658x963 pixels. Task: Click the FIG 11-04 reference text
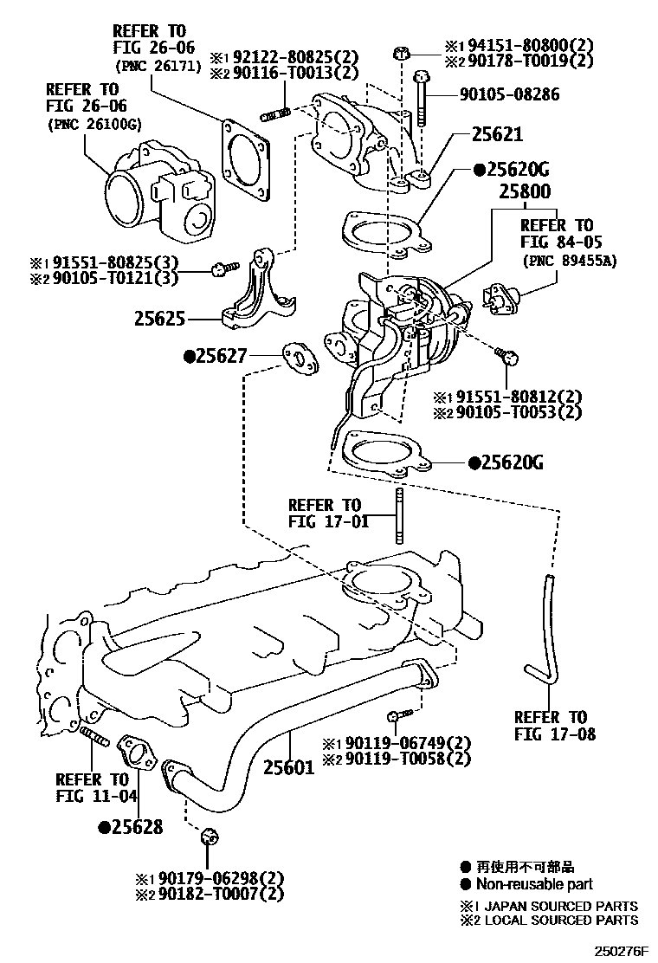pos(96,796)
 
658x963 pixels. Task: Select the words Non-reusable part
pos(534,884)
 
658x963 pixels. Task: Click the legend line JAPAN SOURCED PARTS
pos(558,906)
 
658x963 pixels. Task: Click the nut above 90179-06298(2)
pos(210,837)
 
